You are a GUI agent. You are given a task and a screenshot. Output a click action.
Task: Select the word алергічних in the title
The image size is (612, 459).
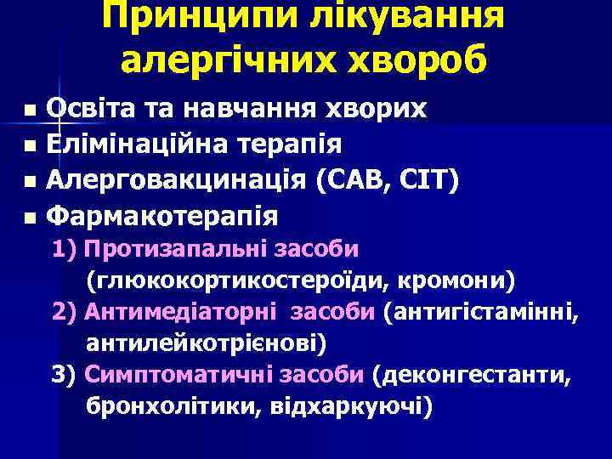(x=226, y=60)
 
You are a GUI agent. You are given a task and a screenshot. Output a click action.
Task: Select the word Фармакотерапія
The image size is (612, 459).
(x=161, y=216)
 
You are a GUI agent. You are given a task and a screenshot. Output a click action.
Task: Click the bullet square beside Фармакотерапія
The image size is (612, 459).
(x=31, y=218)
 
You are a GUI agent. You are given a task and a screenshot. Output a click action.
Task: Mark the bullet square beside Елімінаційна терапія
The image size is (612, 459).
(x=31, y=146)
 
